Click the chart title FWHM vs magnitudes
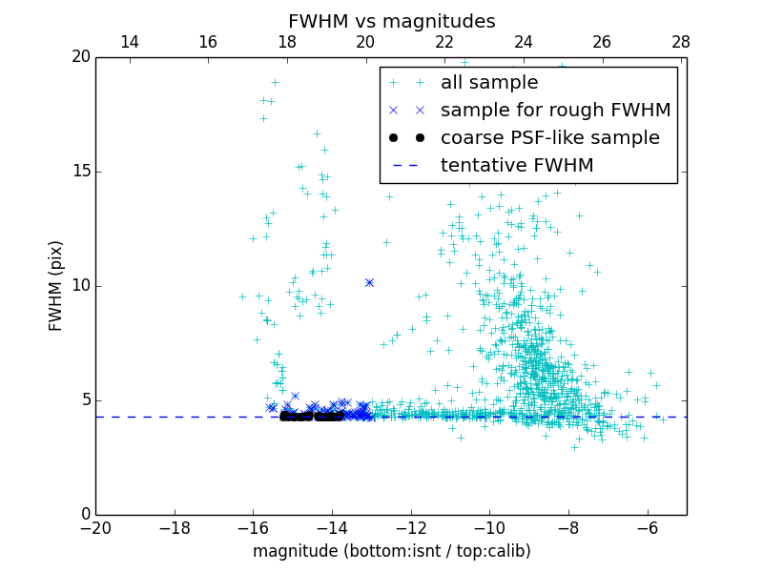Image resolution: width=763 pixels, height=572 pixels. click(x=391, y=21)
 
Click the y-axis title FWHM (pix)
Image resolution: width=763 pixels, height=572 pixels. click(x=56, y=286)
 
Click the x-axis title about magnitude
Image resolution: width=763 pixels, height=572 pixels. click(x=391, y=551)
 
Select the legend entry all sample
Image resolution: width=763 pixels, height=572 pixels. click(x=488, y=83)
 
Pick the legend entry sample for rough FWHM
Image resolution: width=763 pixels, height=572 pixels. click(x=555, y=111)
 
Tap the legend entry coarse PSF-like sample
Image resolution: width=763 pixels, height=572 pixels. click(x=549, y=138)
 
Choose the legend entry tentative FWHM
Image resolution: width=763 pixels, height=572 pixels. click(x=516, y=166)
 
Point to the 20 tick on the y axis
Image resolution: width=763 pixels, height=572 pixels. click(x=80, y=57)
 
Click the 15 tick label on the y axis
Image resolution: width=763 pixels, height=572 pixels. click(x=80, y=172)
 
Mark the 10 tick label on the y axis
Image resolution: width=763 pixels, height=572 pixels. click(x=80, y=286)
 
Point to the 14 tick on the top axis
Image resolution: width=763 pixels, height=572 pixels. click(x=130, y=42)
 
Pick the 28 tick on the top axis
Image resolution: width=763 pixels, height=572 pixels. click(x=681, y=42)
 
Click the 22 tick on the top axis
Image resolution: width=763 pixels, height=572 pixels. click(x=444, y=42)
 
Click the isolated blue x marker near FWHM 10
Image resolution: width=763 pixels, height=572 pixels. click(x=369, y=282)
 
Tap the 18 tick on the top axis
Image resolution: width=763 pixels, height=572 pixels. click(x=287, y=42)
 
